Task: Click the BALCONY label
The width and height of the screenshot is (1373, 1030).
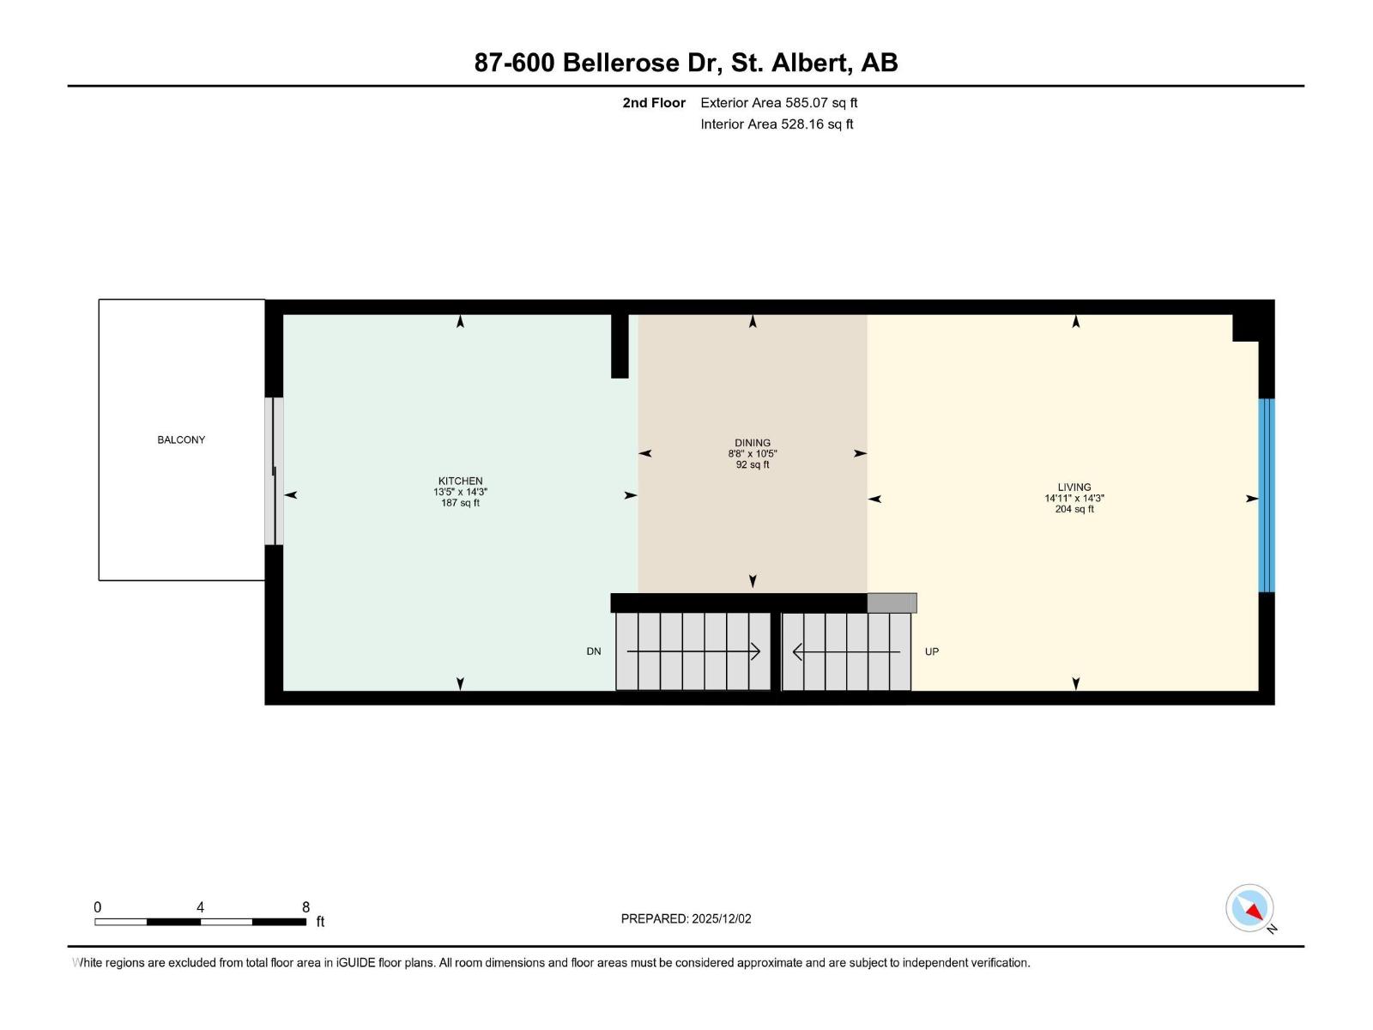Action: click(x=181, y=439)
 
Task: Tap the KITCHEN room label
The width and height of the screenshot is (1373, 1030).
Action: click(x=460, y=482)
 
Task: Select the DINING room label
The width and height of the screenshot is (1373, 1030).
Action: click(x=753, y=443)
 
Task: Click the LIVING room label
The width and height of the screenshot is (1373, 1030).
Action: click(x=1074, y=487)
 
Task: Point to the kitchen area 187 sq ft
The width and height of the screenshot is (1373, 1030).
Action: click(x=460, y=503)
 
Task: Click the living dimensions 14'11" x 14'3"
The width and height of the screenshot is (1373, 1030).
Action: click(x=1074, y=498)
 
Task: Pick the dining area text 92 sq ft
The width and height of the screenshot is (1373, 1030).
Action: click(x=753, y=464)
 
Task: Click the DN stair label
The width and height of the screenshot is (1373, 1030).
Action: click(x=594, y=651)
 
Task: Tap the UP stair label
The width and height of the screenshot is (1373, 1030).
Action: click(x=932, y=651)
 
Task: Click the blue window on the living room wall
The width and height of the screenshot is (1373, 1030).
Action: click(x=1267, y=495)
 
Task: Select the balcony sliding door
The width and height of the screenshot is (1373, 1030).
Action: click(x=274, y=470)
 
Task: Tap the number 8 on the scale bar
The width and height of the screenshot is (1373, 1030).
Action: click(x=305, y=907)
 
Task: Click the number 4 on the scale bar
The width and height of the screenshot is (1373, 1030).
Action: click(x=200, y=907)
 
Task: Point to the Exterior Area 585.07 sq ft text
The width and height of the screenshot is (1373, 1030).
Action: click(x=778, y=103)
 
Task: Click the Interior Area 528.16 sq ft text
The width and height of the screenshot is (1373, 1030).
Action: click(x=777, y=124)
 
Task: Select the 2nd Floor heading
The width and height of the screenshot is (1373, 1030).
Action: click(x=654, y=103)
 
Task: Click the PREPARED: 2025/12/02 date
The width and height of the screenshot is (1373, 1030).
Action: click(x=686, y=918)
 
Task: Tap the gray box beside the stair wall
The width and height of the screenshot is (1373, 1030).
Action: click(x=892, y=603)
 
